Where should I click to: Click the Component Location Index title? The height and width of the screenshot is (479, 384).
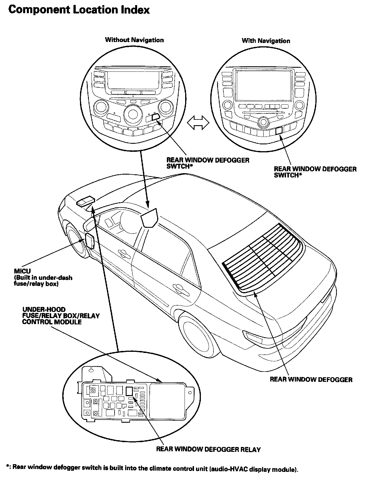tap(79, 10)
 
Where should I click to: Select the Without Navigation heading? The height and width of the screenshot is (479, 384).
tap(134, 40)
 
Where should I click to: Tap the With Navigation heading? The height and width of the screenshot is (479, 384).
tap(266, 41)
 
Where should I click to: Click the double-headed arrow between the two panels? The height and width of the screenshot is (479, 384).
tap(198, 123)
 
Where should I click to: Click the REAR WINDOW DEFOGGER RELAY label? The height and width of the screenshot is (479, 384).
tap(208, 450)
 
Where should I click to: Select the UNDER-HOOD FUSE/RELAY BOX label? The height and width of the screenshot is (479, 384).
tap(61, 316)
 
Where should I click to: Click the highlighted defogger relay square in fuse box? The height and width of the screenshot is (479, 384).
tap(129, 391)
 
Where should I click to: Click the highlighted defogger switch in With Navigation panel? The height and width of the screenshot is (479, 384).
tap(279, 130)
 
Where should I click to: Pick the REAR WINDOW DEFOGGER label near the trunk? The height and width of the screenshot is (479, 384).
tap(311, 380)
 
